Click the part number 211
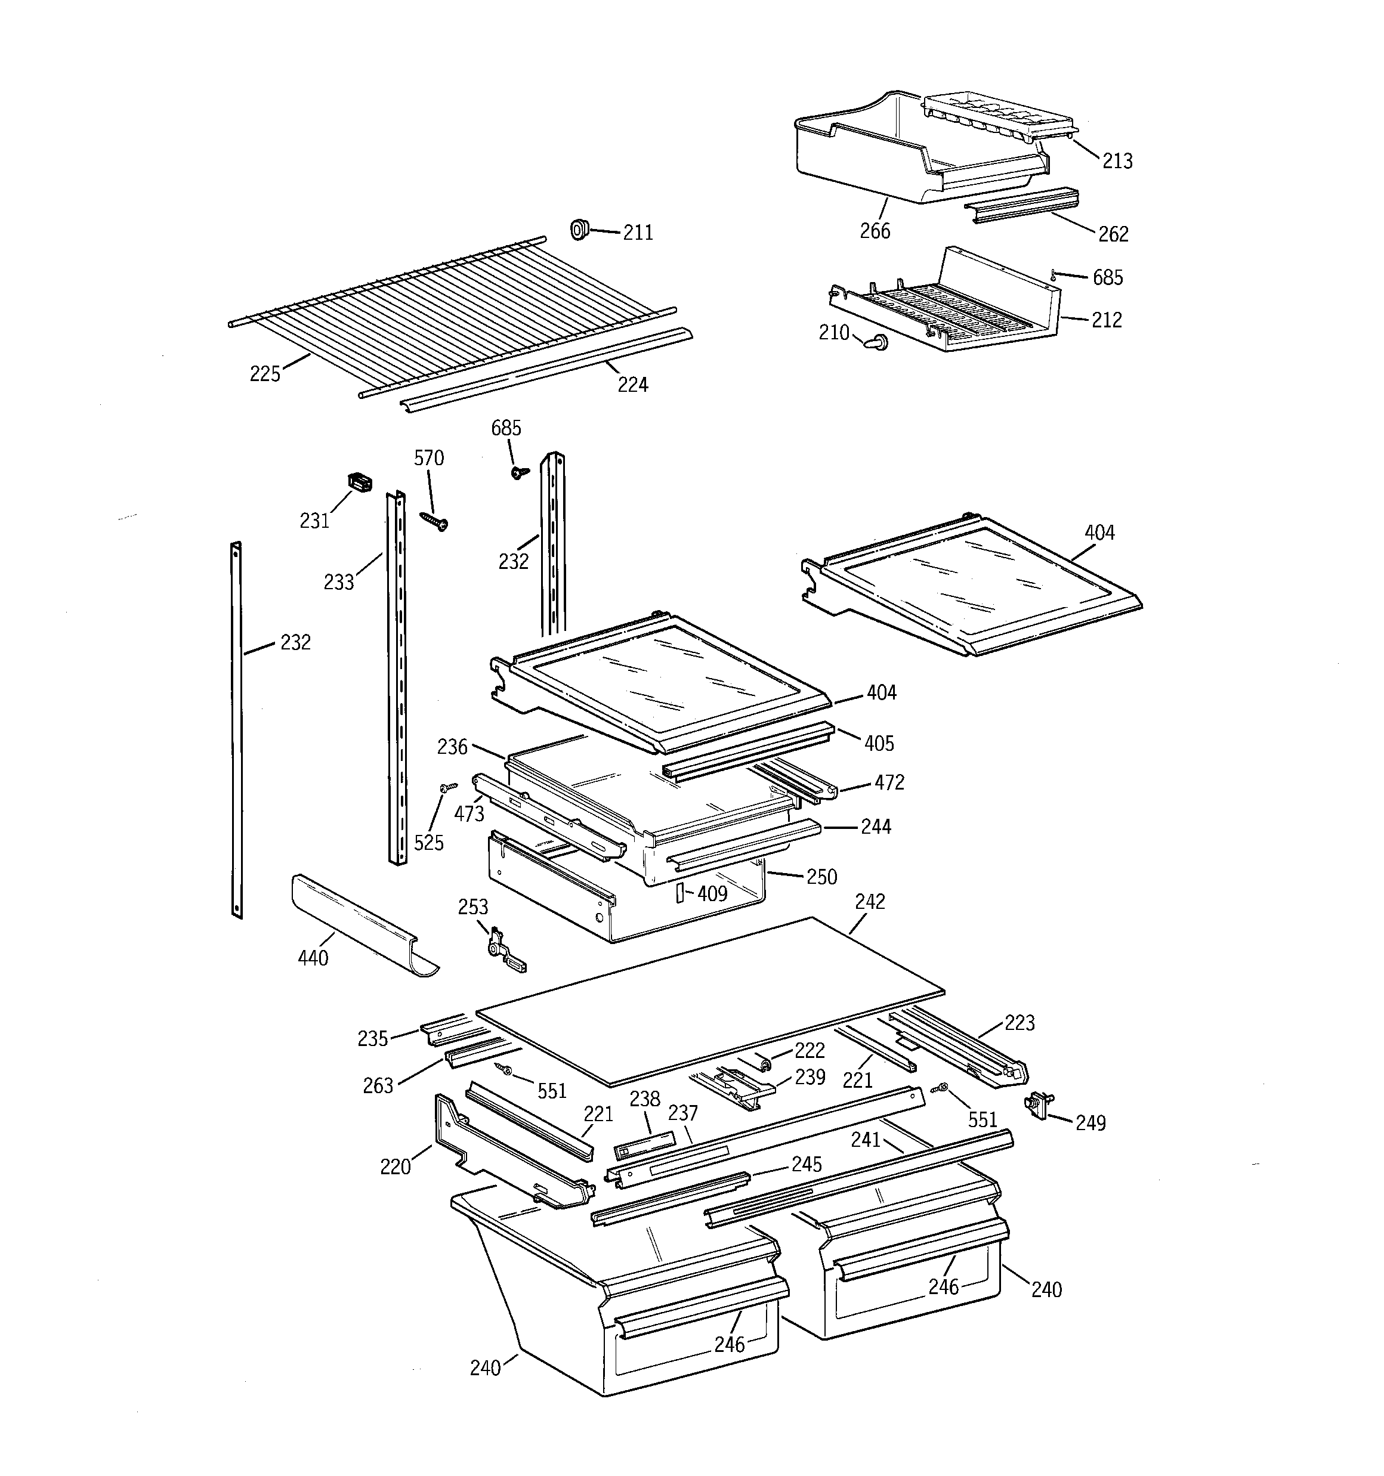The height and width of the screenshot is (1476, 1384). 637,233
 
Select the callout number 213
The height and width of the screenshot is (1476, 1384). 1117,161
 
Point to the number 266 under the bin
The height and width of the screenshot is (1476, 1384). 875,231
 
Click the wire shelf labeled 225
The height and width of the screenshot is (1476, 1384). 446,312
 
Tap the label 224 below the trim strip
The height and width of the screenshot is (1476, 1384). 632,385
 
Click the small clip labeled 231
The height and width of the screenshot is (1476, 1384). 360,483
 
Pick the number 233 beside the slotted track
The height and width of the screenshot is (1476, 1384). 338,582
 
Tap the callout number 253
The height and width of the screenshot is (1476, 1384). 472,907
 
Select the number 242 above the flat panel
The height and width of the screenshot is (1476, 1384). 869,901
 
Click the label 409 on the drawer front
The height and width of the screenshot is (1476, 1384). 712,894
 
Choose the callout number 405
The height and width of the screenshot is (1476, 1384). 879,743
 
